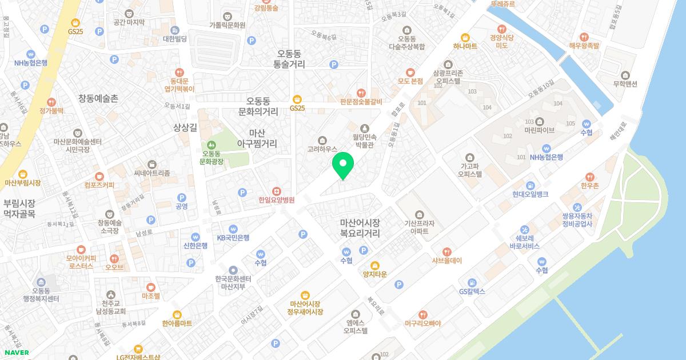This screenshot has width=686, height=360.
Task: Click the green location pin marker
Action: pos(343,166)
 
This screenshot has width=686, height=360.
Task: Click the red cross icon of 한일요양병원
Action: pos(276,190)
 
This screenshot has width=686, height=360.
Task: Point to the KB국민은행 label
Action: pos(233,237)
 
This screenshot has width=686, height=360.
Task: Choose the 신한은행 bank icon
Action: pos(196,236)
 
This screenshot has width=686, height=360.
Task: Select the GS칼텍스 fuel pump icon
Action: pos(472,282)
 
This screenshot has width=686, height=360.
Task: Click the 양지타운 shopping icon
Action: pos(375,265)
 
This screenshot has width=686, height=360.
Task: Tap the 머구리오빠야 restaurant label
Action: pos(422,323)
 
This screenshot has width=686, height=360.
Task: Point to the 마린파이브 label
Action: pos(539,130)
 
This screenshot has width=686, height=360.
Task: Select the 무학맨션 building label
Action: pos(625,83)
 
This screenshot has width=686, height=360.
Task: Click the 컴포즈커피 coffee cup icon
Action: pos(99,176)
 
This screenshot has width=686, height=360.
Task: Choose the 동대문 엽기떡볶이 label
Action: pos(180,85)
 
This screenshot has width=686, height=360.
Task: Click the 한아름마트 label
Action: pos(177,323)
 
